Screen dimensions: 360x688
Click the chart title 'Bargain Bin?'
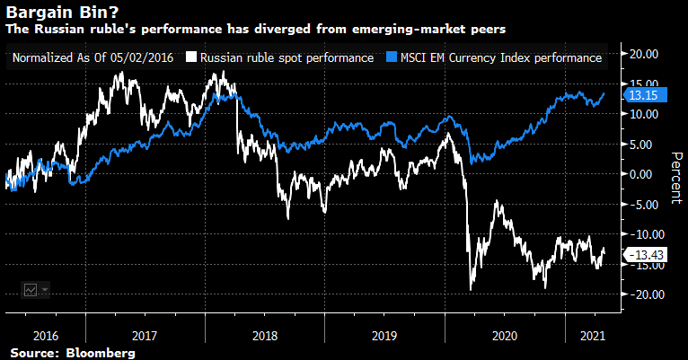tap(56, 13)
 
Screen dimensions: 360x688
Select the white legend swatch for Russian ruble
tap(191, 58)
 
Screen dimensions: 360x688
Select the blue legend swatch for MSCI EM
tap(390, 58)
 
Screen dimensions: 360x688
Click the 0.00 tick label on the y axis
tap(644, 174)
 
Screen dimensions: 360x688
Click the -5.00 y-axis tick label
tap(641, 204)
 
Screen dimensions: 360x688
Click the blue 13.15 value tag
tap(639, 95)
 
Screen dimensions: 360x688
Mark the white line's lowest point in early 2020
tap(472, 289)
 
